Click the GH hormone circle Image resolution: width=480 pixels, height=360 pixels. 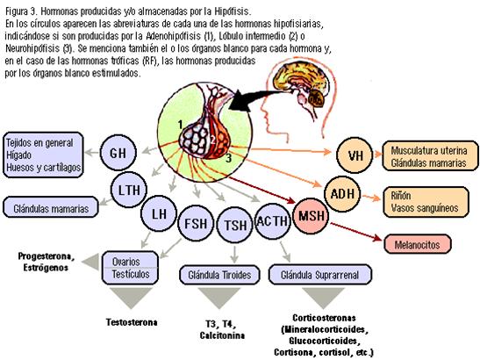coord(118,152)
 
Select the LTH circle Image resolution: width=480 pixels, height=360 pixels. coord(129,190)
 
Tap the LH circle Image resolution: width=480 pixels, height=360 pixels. coord(159,213)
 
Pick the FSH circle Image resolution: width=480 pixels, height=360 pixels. coord(196,223)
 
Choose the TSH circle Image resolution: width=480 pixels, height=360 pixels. coord(235,225)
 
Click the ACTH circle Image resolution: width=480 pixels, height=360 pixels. coord(272,221)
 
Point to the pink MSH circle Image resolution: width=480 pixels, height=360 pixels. coord(311,216)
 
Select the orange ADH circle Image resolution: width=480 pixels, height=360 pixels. coord(342,194)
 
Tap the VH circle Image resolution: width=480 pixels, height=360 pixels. coord(355,155)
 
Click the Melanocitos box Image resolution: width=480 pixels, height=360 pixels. coord(418,244)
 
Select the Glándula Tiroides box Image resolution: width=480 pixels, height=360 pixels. coord(219,275)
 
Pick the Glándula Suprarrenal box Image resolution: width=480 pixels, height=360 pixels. coord(320,275)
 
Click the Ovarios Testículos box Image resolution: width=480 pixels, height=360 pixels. coord(130,268)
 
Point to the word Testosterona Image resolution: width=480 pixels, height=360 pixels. coord(132,322)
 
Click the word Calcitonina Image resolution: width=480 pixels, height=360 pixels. coord(222,335)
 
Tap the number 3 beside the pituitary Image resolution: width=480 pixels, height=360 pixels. coord(228,158)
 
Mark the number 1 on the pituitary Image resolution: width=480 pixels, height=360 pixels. coord(180,125)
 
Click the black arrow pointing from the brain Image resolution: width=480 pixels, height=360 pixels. coord(257,98)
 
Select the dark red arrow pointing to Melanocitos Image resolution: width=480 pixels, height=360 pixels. coord(356,232)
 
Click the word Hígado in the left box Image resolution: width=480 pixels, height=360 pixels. coord(18,155)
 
